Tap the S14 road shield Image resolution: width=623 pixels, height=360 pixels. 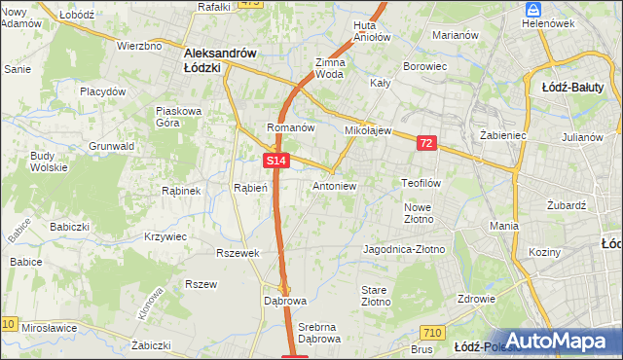coord(275,161)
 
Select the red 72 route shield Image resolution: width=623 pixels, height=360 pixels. coord(426,143)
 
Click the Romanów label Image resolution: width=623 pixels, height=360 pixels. coord(290,127)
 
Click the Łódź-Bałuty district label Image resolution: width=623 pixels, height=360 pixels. coord(581,87)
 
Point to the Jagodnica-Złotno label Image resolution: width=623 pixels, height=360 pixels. coord(403,249)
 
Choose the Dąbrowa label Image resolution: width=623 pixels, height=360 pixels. coord(284,301)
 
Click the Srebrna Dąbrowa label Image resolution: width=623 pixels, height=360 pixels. coord(319,332)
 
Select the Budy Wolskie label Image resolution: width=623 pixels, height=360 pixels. coord(42,162)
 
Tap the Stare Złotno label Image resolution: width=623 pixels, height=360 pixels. coord(376,296)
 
